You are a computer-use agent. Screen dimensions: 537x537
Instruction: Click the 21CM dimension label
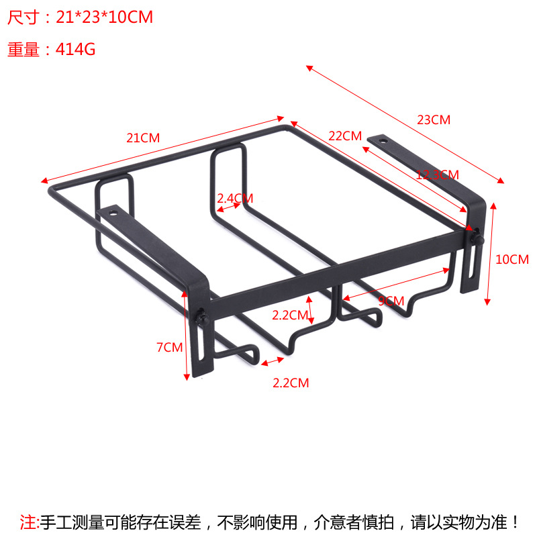(144, 138)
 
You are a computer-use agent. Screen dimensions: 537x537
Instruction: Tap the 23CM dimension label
(434, 120)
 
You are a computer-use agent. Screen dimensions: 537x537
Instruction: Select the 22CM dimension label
(345, 136)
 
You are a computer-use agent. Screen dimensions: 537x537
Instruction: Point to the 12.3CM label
(437, 175)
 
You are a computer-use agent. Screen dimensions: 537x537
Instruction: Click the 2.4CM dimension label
(235, 198)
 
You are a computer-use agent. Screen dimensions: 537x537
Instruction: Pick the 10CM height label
(512, 259)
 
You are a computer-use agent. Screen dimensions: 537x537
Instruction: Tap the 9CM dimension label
(391, 301)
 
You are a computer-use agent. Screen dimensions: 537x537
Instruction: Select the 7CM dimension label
(169, 347)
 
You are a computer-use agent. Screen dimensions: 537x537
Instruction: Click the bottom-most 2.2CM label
(291, 383)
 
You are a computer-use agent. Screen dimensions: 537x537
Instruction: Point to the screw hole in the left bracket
(112, 212)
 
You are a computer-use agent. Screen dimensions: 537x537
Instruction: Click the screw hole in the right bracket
(383, 141)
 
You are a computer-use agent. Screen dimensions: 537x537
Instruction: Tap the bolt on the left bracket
(200, 318)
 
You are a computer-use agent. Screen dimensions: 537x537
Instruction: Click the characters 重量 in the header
(23, 50)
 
